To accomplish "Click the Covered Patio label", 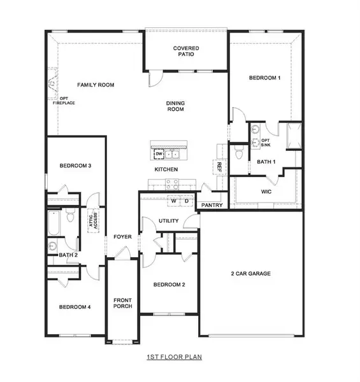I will pyautogui.click(x=186, y=52).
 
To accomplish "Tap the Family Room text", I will pyautogui.click(x=96, y=85).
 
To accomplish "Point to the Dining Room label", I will pyautogui.click(x=175, y=105).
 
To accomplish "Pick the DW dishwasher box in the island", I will pyautogui.click(x=158, y=154).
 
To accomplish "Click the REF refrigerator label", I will pyautogui.click(x=219, y=166).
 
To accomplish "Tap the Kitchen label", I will pyautogui.click(x=166, y=170).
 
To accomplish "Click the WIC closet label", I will pyautogui.click(x=266, y=191).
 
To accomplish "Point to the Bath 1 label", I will pyautogui.click(x=266, y=162).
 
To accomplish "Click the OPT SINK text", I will pyautogui.click(x=266, y=142).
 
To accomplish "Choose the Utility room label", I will pyautogui.click(x=169, y=221).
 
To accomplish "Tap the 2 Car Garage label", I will pyautogui.click(x=251, y=274).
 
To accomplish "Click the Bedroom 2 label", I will pyautogui.click(x=169, y=285).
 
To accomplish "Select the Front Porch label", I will pyautogui.click(x=122, y=302).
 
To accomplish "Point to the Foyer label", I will pyautogui.click(x=122, y=237).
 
